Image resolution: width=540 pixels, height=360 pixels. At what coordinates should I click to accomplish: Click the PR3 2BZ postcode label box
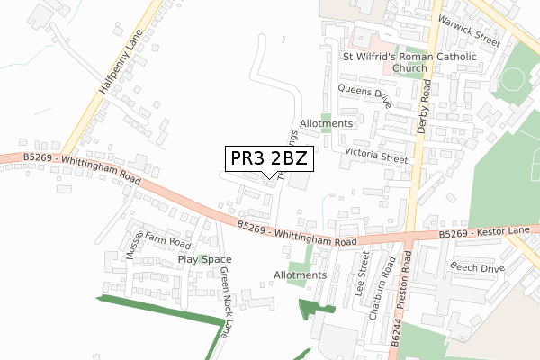pos(269,158)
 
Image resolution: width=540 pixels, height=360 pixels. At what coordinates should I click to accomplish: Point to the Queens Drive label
pos(364,95)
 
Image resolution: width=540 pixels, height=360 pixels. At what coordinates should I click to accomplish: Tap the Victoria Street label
pos(376,156)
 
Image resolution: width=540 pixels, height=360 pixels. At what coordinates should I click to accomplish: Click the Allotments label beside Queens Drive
pos(327,123)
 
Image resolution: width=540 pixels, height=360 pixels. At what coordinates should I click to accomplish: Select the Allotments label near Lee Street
pos(300,274)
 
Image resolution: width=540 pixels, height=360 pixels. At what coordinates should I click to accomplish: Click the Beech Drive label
pos(477,268)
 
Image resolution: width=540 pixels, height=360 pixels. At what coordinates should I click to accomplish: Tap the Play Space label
pos(204,259)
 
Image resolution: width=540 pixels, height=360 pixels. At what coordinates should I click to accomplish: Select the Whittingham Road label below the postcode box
pos(297,234)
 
